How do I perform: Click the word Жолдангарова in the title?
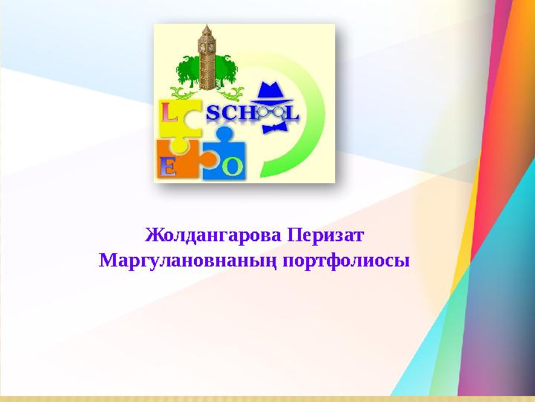(213, 235)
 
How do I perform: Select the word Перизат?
(325, 235)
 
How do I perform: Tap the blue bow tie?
(275, 129)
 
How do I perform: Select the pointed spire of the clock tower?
(207, 29)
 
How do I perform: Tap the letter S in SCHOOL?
(213, 114)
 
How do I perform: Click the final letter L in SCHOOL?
(293, 113)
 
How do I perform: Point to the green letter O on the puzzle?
(233, 167)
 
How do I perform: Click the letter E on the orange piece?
(168, 167)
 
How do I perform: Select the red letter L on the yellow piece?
(169, 113)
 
